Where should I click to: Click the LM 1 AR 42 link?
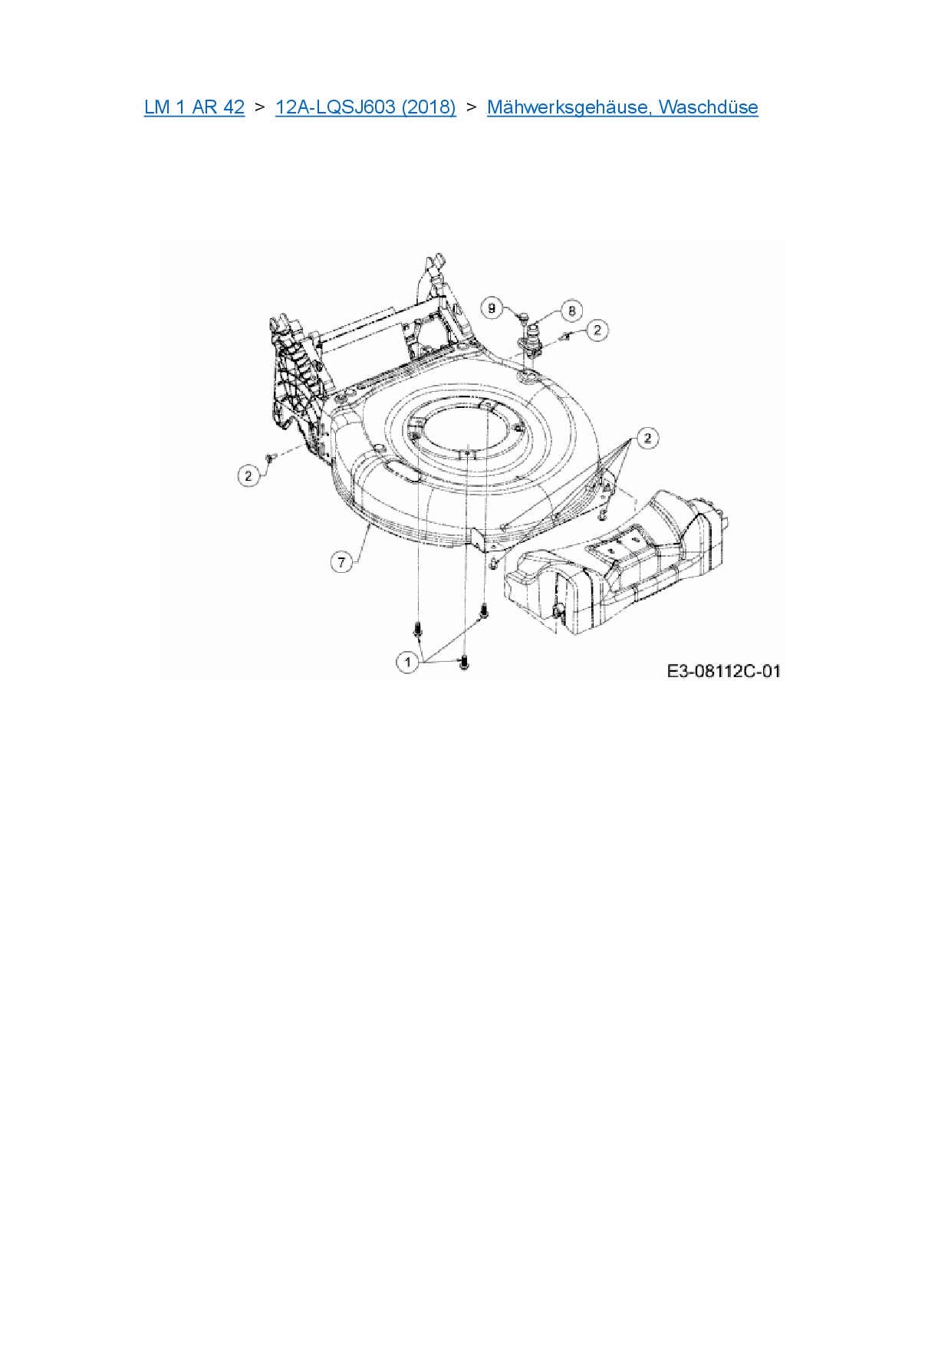[x=194, y=107]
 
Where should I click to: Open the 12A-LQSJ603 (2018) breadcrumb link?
[x=365, y=107]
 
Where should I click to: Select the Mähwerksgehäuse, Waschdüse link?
[x=622, y=107]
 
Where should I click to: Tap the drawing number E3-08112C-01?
[x=723, y=672]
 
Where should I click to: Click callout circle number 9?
[x=492, y=308]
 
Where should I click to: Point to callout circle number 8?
[x=571, y=311]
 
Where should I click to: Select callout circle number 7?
[x=342, y=562]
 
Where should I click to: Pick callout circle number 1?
[x=407, y=661]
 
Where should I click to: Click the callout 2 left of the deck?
[x=248, y=476]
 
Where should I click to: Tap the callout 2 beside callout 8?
[x=597, y=330]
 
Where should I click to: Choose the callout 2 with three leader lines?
[x=648, y=439]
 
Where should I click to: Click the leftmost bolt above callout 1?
[x=417, y=628]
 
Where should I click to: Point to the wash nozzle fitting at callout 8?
[x=531, y=338]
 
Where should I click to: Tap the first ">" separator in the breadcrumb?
[x=260, y=107]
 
